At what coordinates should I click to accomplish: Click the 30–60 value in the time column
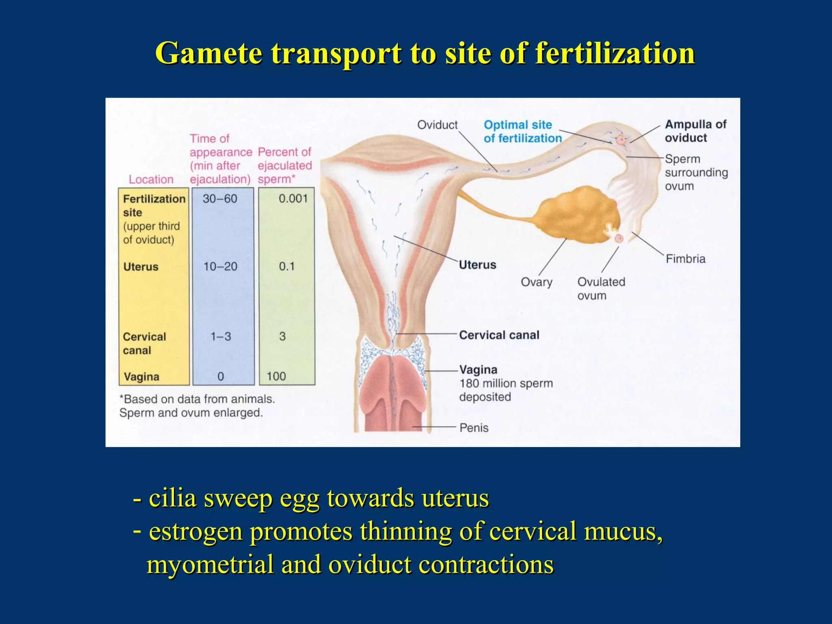pyautogui.click(x=220, y=199)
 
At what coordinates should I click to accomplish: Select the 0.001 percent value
pyautogui.click(x=293, y=199)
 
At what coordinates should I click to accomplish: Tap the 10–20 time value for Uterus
pyautogui.click(x=220, y=266)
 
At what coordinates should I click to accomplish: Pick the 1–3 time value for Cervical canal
pyautogui.click(x=221, y=336)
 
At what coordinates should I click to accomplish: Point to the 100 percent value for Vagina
pyautogui.click(x=276, y=376)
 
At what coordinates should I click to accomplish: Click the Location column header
pyautogui.click(x=151, y=179)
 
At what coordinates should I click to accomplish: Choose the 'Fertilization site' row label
pyautogui.click(x=154, y=206)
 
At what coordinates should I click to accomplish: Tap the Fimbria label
pyautogui.click(x=685, y=259)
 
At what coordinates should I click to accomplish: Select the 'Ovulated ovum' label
pyautogui.click(x=601, y=288)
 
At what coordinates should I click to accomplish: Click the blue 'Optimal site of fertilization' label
pyautogui.click(x=522, y=131)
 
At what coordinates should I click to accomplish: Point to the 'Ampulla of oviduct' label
pyautogui.click(x=695, y=131)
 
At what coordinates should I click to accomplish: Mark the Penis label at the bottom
pyautogui.click(x=474, y=427)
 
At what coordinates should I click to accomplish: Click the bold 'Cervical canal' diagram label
pyautogui.click(x=499, y=335)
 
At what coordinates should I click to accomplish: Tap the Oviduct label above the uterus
pyautogui.click(x=437, y=125)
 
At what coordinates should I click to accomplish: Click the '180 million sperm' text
pyautogui.click(x=506, y=383)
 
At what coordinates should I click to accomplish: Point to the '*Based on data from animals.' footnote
pyautogui.click(x=197, y=399)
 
